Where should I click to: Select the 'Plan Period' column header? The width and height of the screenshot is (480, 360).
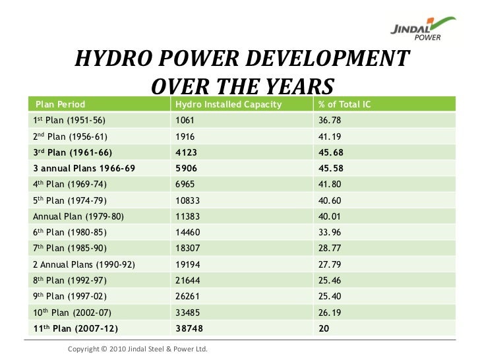click(61, 105)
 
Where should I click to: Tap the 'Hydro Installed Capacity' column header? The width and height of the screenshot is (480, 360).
click(228, 105)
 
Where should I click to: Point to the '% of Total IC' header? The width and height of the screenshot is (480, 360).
click(344, 105)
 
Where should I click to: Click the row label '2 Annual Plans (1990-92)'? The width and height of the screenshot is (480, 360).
click(84, 263)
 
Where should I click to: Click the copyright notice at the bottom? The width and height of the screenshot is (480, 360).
click(138, 349)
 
